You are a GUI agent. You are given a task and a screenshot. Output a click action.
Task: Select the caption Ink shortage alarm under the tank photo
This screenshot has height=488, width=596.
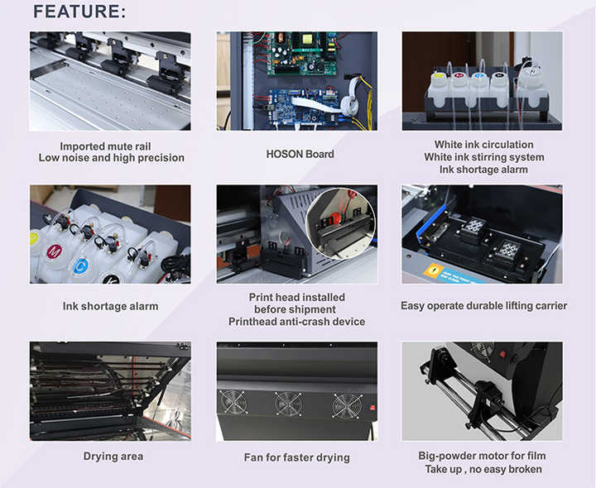(x=110, y=306)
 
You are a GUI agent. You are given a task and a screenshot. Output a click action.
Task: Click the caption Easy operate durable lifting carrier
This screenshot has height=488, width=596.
(x=483, y=306)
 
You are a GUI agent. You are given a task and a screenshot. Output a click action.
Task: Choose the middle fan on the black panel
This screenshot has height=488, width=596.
(x=288, y=404)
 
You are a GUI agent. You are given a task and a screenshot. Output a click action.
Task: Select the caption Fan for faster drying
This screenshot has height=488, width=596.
(x=296, y=457)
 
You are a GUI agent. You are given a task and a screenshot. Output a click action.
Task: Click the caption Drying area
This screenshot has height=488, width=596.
(x=113, y=457)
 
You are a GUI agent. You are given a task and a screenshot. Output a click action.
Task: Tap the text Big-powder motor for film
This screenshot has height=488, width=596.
(x=483, y=455)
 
